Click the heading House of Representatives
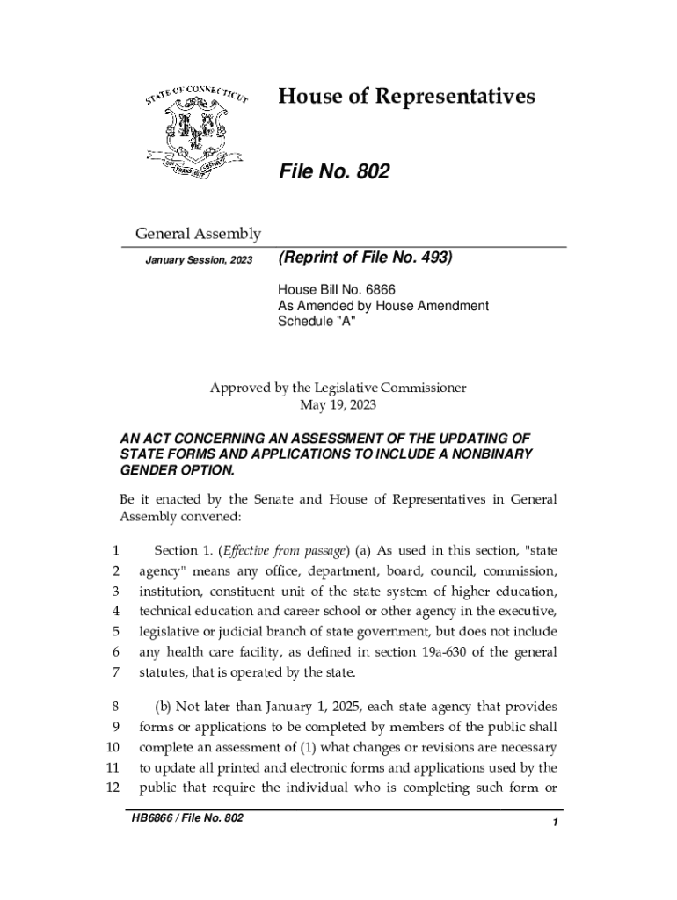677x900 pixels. pyautogui.click(x=406, y=96)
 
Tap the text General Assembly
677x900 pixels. pyautogui.click(x=197, y=234)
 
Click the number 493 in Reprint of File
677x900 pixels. pyautogui.click(x=431, y=259)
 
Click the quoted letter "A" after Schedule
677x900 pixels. pyautogui.click(x=346, y=323)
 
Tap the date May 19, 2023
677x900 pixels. pyautogui.click(x=338, y=405)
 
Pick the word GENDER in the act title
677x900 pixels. pyautogui.click(x=146, y=469)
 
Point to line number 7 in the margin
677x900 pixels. pyautogui.click(x=115, y=672)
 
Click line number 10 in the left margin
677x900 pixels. pyautogui.click(x=112, y=748)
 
